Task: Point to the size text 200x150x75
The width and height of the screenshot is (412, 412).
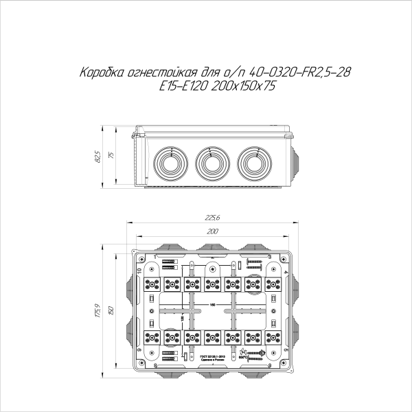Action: tap(241, 86)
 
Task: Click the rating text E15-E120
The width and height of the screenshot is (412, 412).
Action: tap(181, 86)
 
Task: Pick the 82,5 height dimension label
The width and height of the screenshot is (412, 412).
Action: tap(98, 157)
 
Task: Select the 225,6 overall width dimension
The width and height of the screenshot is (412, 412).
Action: tap(212, 218)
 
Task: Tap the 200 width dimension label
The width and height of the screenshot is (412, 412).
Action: tap(212, 231)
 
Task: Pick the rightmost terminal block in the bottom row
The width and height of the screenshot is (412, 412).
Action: tap(274, 337)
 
